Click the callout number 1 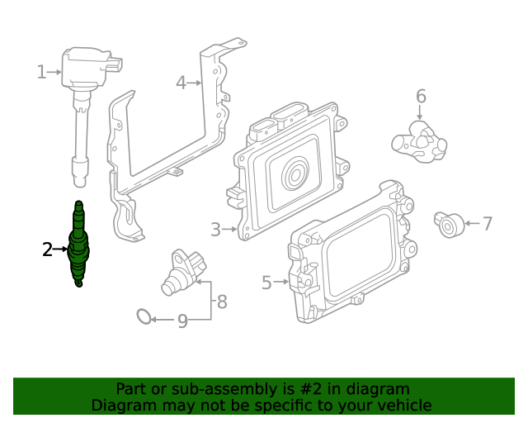tap(41, 72)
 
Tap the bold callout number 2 tap(48, 250)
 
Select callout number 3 tap(215, 230)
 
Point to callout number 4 tap(181, 83)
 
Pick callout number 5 tap(266, 283)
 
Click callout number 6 tap(421, 96)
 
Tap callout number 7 tap(488, 223)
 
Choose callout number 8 tap(222, 302)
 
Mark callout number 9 tap(182, 321)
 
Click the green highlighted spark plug tap(79, 245)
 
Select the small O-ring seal tap(144, 316)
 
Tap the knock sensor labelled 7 tap(449, 225)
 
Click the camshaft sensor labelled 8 tap(183, 272)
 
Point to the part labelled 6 tap(419, 142)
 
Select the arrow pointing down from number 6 tap(420, 112)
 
